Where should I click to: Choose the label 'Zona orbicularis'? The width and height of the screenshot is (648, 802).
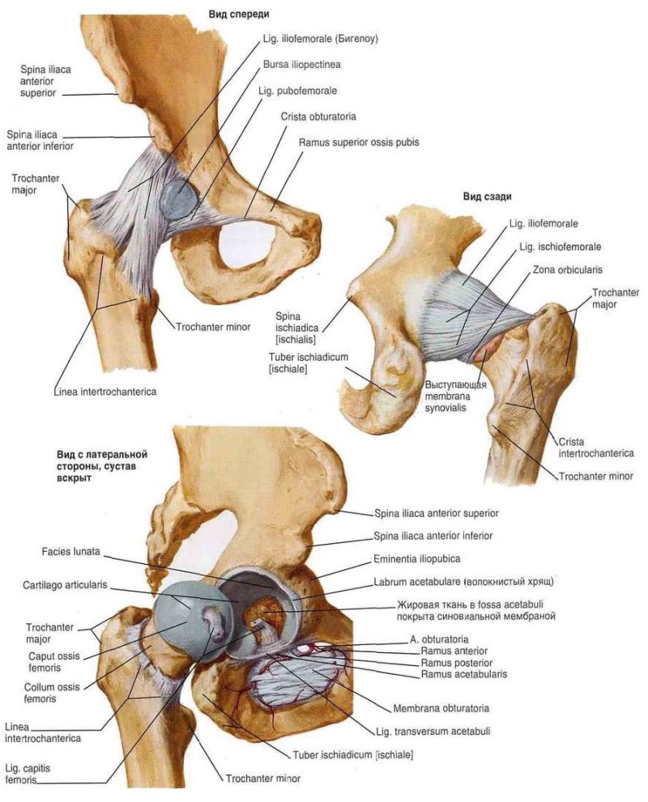coord(567,269)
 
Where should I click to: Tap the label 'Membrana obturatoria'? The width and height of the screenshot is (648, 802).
coord(441,707)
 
